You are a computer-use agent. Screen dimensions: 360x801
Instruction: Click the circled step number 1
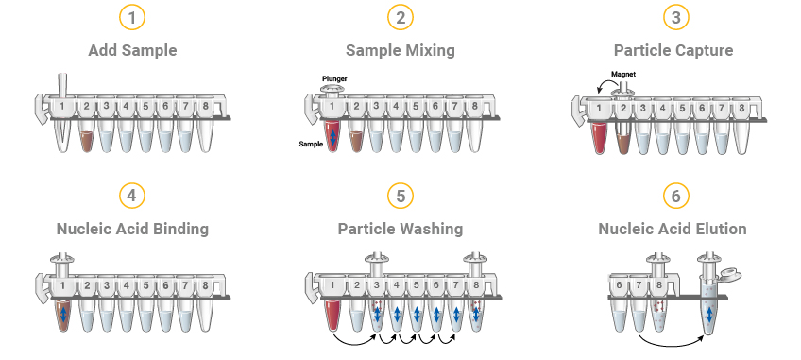(x=132, y=18)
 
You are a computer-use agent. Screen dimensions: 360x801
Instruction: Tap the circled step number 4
(x=132, y=196)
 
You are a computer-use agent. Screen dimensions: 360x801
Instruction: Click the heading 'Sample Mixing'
(x=400, y=50)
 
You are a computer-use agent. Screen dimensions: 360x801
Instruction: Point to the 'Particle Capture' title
(x=667, y=50)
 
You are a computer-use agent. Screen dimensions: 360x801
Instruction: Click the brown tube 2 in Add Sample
(x=86, y=140)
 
